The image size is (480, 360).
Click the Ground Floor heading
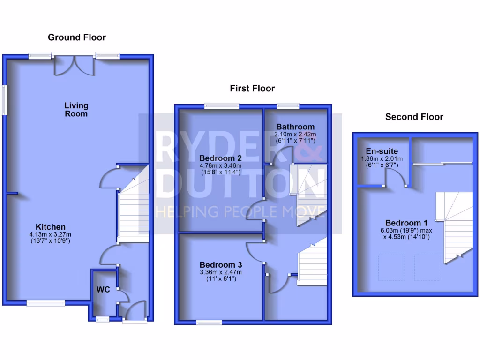click(77, 37)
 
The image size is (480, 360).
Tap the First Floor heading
click(252, 89)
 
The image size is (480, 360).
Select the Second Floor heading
click(414, 117)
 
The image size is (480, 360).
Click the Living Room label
click(76, 110)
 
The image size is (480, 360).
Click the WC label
click(103, 290)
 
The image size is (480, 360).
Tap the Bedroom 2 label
click(220, 157)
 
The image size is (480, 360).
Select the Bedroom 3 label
click(220, 264)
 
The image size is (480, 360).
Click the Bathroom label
click(295, 127)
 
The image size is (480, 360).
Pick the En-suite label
click(382, 151)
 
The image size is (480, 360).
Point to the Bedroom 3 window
click(209, 322)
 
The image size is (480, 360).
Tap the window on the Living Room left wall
click(4, 99)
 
